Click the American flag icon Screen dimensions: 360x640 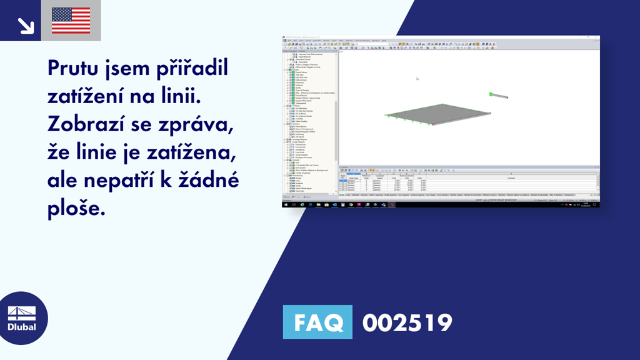71,21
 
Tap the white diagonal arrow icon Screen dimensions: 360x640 26,25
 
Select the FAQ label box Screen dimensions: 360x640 317,322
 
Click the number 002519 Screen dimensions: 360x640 407,322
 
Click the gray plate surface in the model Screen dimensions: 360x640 437,112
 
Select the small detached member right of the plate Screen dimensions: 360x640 499,96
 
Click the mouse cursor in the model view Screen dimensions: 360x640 417,79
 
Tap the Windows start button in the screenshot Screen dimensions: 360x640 285,204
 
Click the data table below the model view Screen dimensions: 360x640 469,182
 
